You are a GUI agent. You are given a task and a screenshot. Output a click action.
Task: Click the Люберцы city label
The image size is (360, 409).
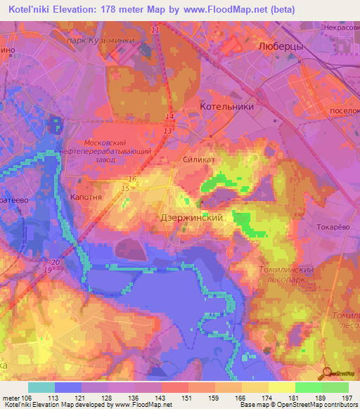pos(281,44)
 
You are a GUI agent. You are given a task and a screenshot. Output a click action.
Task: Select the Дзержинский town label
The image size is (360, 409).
pos(192,218)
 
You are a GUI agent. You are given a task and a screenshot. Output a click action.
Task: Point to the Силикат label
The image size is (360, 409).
pos(198,160)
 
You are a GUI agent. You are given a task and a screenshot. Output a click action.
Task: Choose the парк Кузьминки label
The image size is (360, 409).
pos(109,41)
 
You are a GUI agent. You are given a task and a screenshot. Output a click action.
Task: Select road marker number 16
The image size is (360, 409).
pos(132,180)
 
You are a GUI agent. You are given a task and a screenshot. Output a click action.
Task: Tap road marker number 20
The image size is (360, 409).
pos(56,262)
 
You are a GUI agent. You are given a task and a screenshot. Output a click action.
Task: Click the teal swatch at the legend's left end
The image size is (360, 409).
pos(41,387)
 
